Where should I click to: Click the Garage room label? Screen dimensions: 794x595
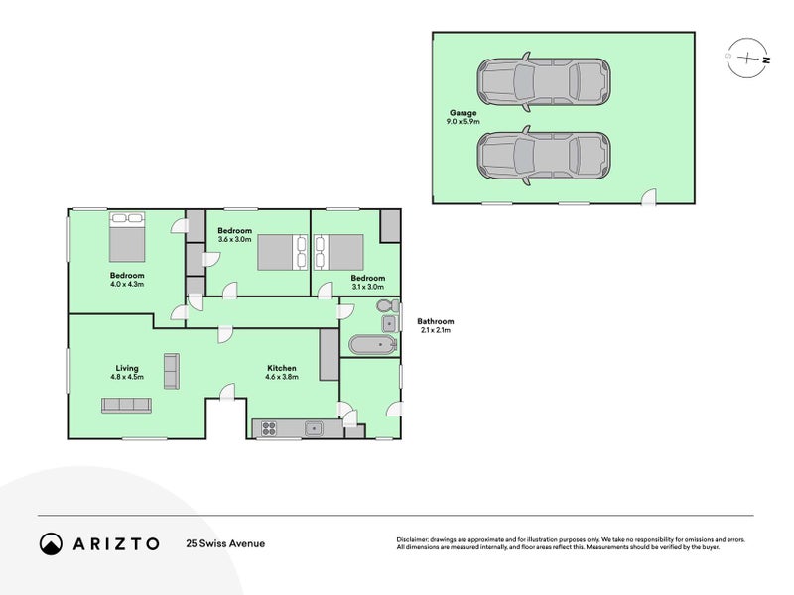tap(463, 113)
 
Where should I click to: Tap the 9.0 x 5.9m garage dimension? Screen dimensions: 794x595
tap(463, 121)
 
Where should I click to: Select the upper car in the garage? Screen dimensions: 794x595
tap(543, 81)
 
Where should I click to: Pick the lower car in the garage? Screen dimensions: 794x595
tap(543, 156)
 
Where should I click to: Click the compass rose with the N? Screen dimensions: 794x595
tap(747, 59)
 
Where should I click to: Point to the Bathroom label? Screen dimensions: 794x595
tap(436, 321)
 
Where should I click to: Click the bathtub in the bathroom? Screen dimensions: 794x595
tap(373, 345)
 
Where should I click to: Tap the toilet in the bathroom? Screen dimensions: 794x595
tap(387, 306)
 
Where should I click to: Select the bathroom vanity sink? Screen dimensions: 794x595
tap(389, 324)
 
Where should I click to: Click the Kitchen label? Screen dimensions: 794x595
tap(282, 368)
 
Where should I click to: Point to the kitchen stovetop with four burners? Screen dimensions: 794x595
tap(269, 429)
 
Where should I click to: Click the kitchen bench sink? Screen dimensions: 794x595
tap(314, 429)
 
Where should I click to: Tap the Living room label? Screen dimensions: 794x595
tap(127, 368)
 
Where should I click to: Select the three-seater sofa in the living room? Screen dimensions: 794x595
tap(127, 406)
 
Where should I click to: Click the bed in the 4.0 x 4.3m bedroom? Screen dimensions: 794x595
tap(127, 237)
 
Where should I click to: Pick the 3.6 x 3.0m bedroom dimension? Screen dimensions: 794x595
tap(234, 239)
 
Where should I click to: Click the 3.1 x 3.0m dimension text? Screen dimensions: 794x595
tap(368, 287)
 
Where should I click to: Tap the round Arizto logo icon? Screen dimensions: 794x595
tap(51, 543)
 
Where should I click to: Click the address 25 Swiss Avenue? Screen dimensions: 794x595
tap(225, 543)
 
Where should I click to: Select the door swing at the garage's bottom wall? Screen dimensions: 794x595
tap(649, 197)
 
